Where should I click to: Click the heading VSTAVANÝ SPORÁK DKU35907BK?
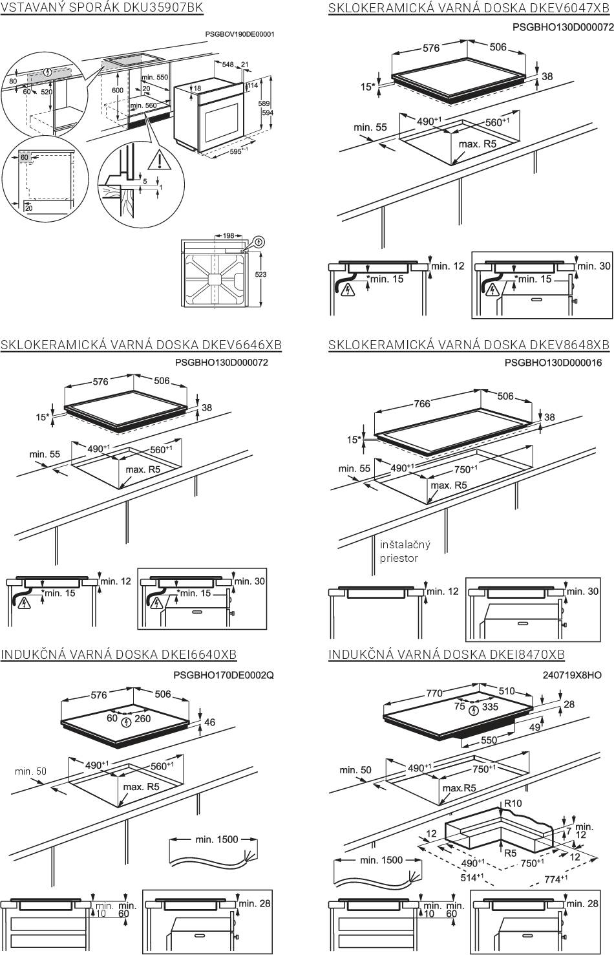(101, 8)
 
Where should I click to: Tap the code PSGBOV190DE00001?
(239, 34)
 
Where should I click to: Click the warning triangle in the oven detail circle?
(157, 158)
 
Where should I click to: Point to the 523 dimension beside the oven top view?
(260, 275)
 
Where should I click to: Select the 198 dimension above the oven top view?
(228, 236)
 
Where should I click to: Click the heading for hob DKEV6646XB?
(141, 345)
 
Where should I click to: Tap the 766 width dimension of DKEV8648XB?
(421, 404)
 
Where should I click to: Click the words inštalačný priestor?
(405, 551)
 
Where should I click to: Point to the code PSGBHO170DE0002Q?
(224, 674)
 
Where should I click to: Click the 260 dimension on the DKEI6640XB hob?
(142, 718)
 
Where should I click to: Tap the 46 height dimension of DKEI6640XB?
(209, 722)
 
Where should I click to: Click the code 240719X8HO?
(572, 674)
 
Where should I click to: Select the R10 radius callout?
(513, 803)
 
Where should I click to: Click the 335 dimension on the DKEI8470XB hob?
(490, 707)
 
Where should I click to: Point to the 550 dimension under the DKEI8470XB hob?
(489, 740)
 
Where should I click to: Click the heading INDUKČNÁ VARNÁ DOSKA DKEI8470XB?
(447, 655)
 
